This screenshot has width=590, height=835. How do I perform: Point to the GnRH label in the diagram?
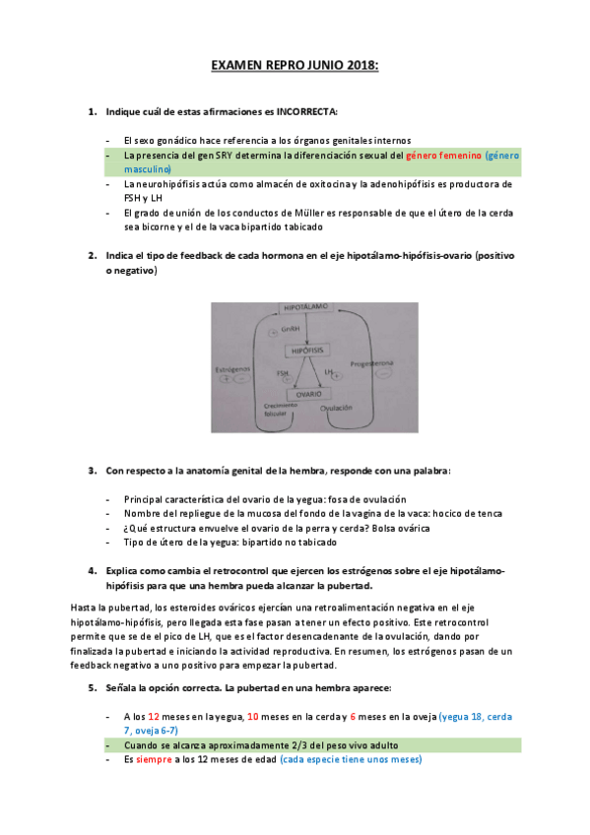point(289,330)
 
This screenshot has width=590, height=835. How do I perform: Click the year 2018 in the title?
point(361,66)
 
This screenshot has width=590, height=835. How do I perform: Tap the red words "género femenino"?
point(442,156)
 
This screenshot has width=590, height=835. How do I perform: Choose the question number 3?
point(92,471)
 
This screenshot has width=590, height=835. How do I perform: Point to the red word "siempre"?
point(155,759)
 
